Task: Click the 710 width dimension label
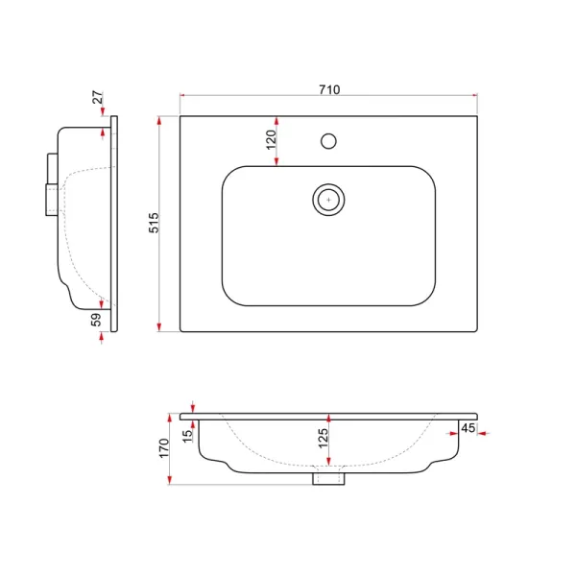coord(329,89)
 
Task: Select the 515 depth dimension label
coord(154,223)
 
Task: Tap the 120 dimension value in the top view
coord(271,140)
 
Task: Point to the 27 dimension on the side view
coord(98,97)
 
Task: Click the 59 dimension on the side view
coord(96,320)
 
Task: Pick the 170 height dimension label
coord(164,447)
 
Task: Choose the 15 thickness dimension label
coord(187,436)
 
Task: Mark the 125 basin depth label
coord(323,438)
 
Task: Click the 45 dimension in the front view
coord(468,428)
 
